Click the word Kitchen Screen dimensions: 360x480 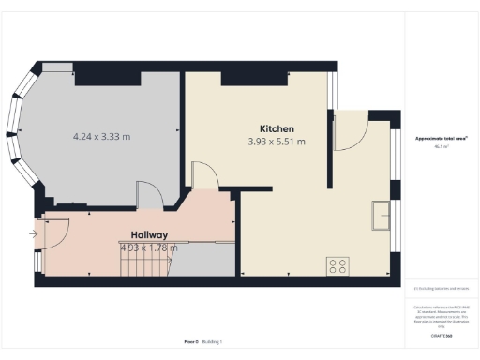(277, 128)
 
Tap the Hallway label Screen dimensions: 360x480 (149, 235)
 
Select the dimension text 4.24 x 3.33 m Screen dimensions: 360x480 (101, 137)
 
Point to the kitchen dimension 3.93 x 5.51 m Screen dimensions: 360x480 (277, 142)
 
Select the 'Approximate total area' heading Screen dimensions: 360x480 (442, 138)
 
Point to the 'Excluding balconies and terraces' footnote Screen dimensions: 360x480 (442, 289)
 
